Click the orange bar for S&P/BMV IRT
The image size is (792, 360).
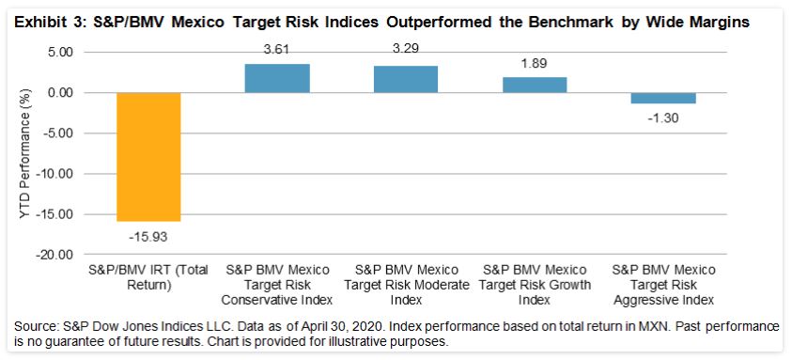(x=148, y=157)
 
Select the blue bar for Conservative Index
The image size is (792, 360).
(x=277, y=78)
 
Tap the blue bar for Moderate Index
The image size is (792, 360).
(x=405, y=79)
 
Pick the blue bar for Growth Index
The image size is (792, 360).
(x=534, y=85)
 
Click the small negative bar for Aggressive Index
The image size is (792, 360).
(x=662, y=98)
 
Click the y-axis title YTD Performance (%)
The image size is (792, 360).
(x=25, y=153)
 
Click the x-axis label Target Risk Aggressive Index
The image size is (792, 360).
(x=662, y=287)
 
